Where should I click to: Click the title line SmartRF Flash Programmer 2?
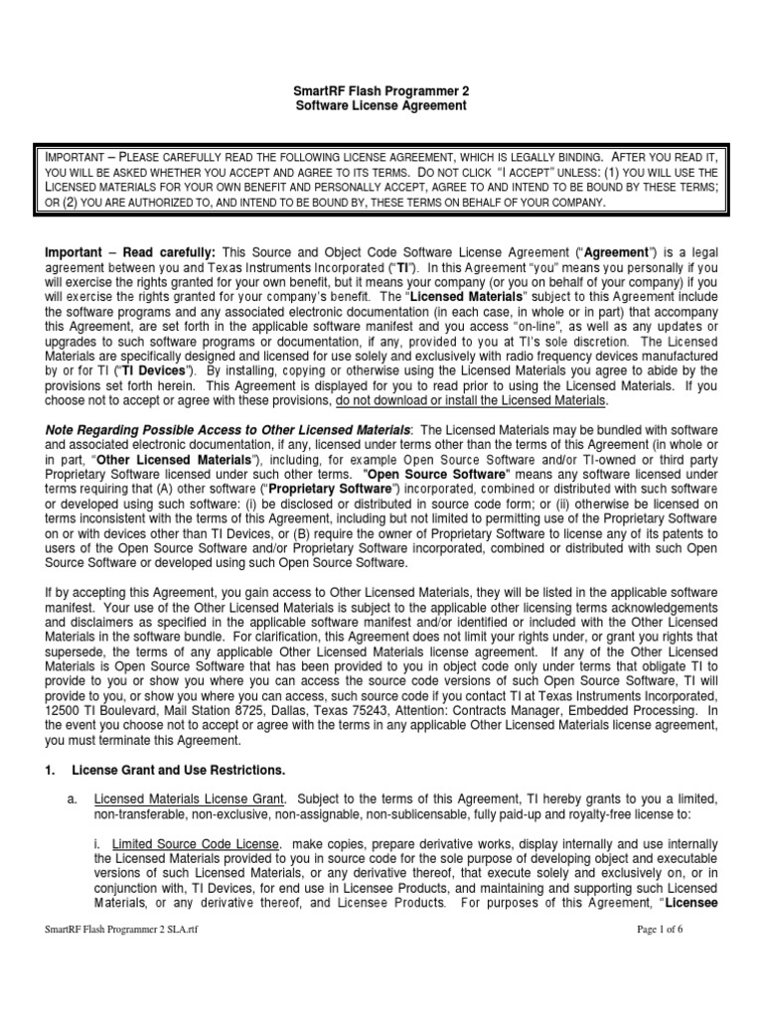[381, 90]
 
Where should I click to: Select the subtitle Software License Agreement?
[381, 105]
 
